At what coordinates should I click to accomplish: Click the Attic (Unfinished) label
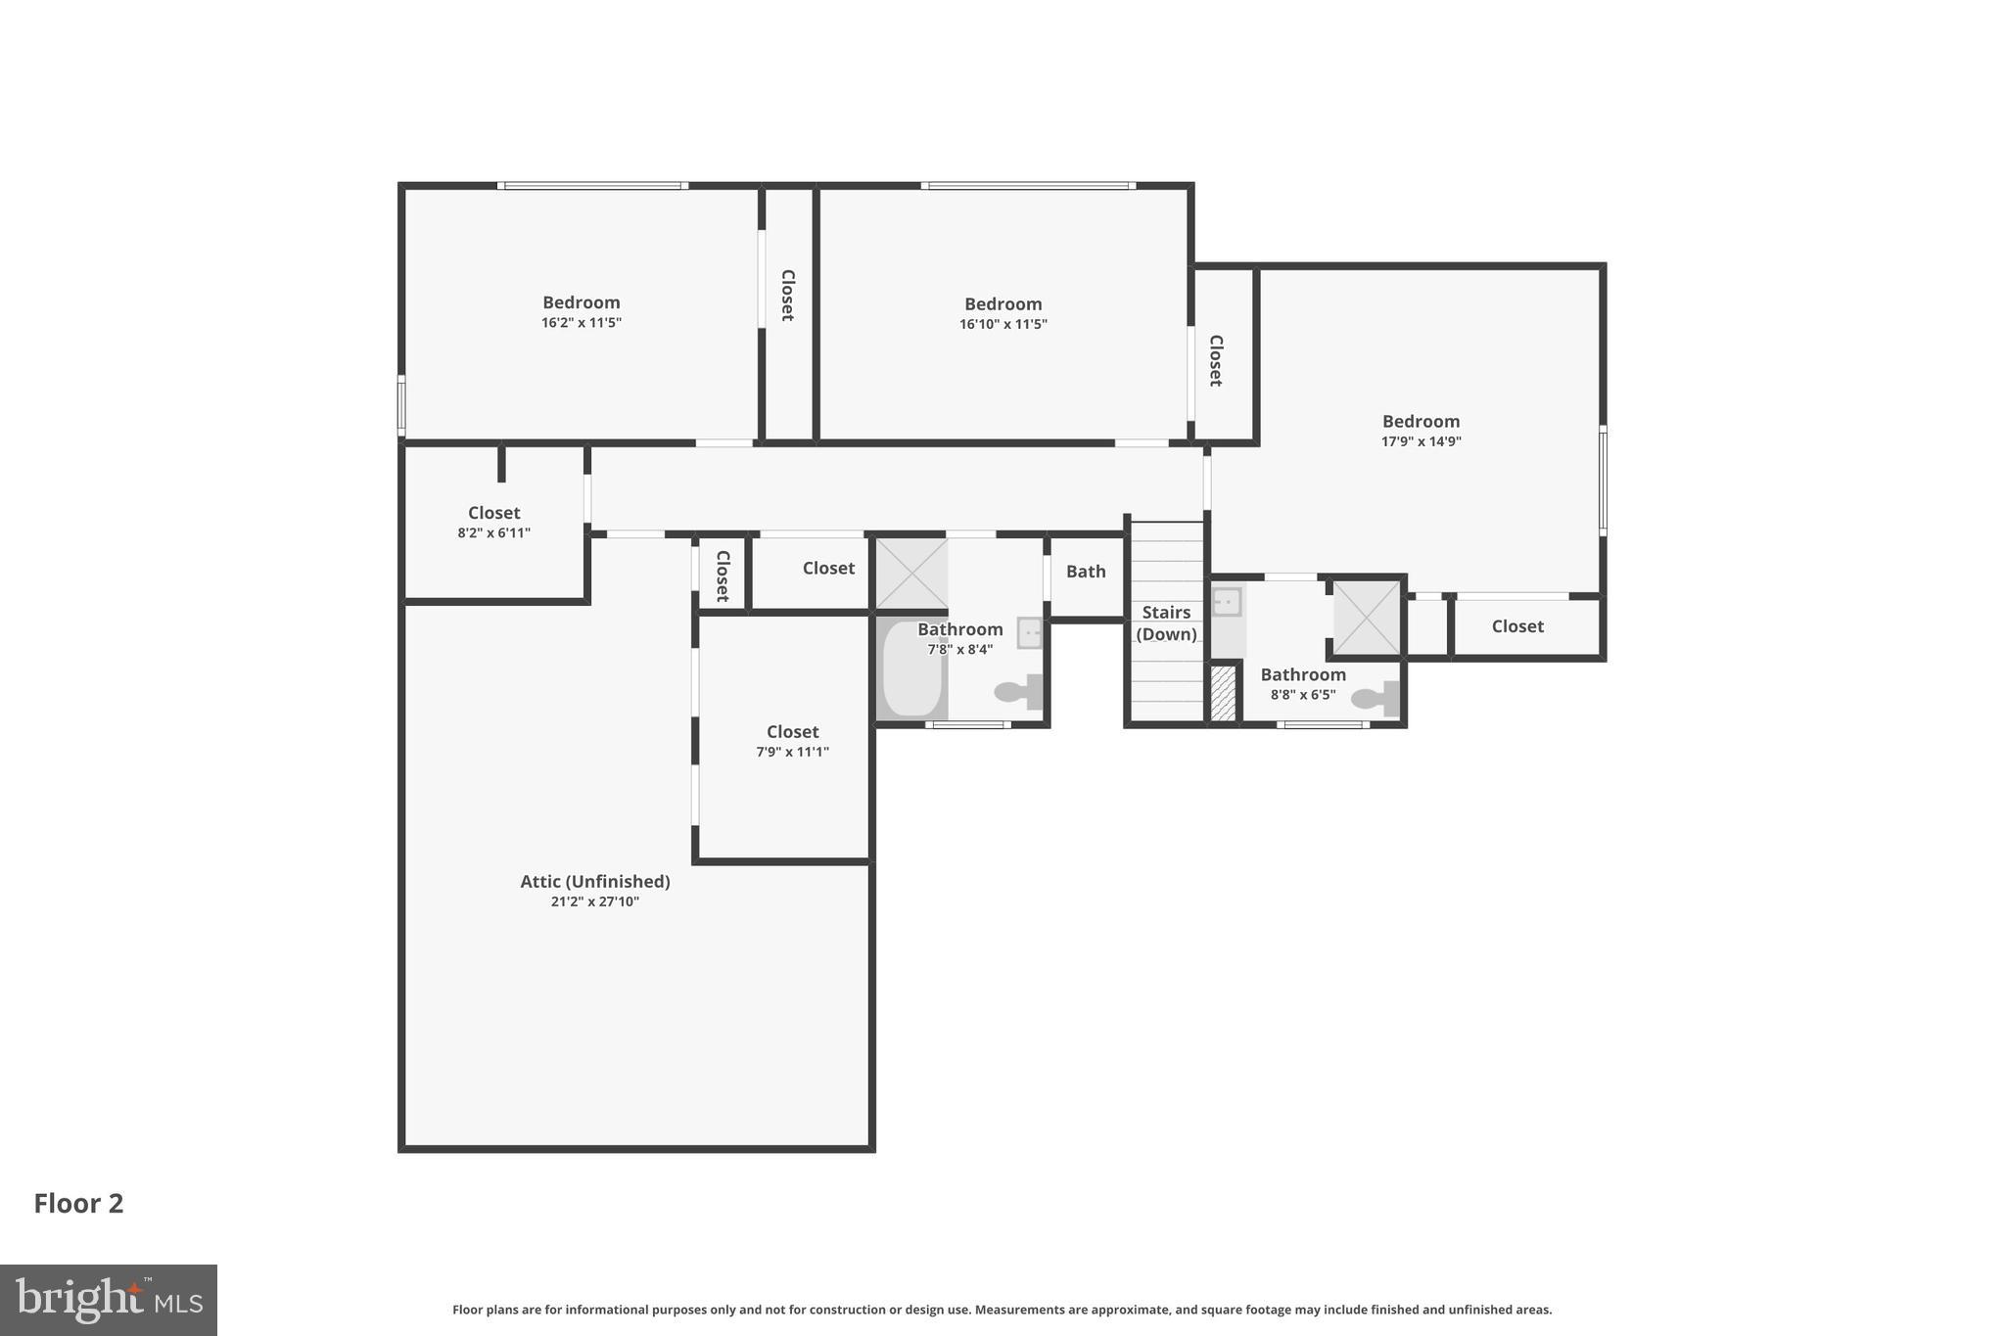pyautogui.click(x=594, y=881)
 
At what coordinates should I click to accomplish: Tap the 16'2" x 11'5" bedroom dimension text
pyautogui.click(x=582, y=323)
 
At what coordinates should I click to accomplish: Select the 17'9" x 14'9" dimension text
pyautogui.click(x=1421, y=441)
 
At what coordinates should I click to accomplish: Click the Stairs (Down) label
pyautogui.click(x=1166, y=623)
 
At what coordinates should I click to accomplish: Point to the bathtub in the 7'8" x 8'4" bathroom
pyautogui.click(x=911, y=669)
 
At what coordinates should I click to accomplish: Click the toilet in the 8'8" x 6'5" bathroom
pyautogui.click(x=1375, y=698)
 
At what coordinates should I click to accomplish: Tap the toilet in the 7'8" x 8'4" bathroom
pyautogui.click(x=1018, y=691)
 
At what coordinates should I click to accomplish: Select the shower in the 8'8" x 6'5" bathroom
pyautogui.click(x=1367, y=618)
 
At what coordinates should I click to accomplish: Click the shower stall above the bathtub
pyautogui.click(x=910, y=574)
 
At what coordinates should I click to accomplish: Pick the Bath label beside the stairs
pyautogui.click(x=1086, y=572)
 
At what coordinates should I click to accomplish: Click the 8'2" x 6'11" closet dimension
pyautogui.click(x=493, y=533)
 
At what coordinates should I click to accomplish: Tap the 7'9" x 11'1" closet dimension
pyautogui.click(x=792, y=753)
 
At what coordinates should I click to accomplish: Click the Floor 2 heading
pyautogui.click(x=78, y=1203)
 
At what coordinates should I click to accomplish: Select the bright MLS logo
pyautogui.click(x=108, y=1300)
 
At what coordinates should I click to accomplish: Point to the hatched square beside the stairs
pyautogui.click(x=1223, y=693)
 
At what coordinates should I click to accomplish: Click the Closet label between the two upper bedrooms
pyautogui.click(x=787, y=295)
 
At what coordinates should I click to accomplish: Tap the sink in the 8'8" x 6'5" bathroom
pyautogui.click(x=1227, y=602)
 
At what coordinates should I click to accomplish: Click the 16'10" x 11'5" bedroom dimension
pyautogui.click(x=1002, y=325)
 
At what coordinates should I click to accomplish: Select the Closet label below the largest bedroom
pyautogui.click(x=1516, y=626)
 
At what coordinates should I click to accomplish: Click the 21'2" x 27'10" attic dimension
pyautogui.click(x=594, y=902)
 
